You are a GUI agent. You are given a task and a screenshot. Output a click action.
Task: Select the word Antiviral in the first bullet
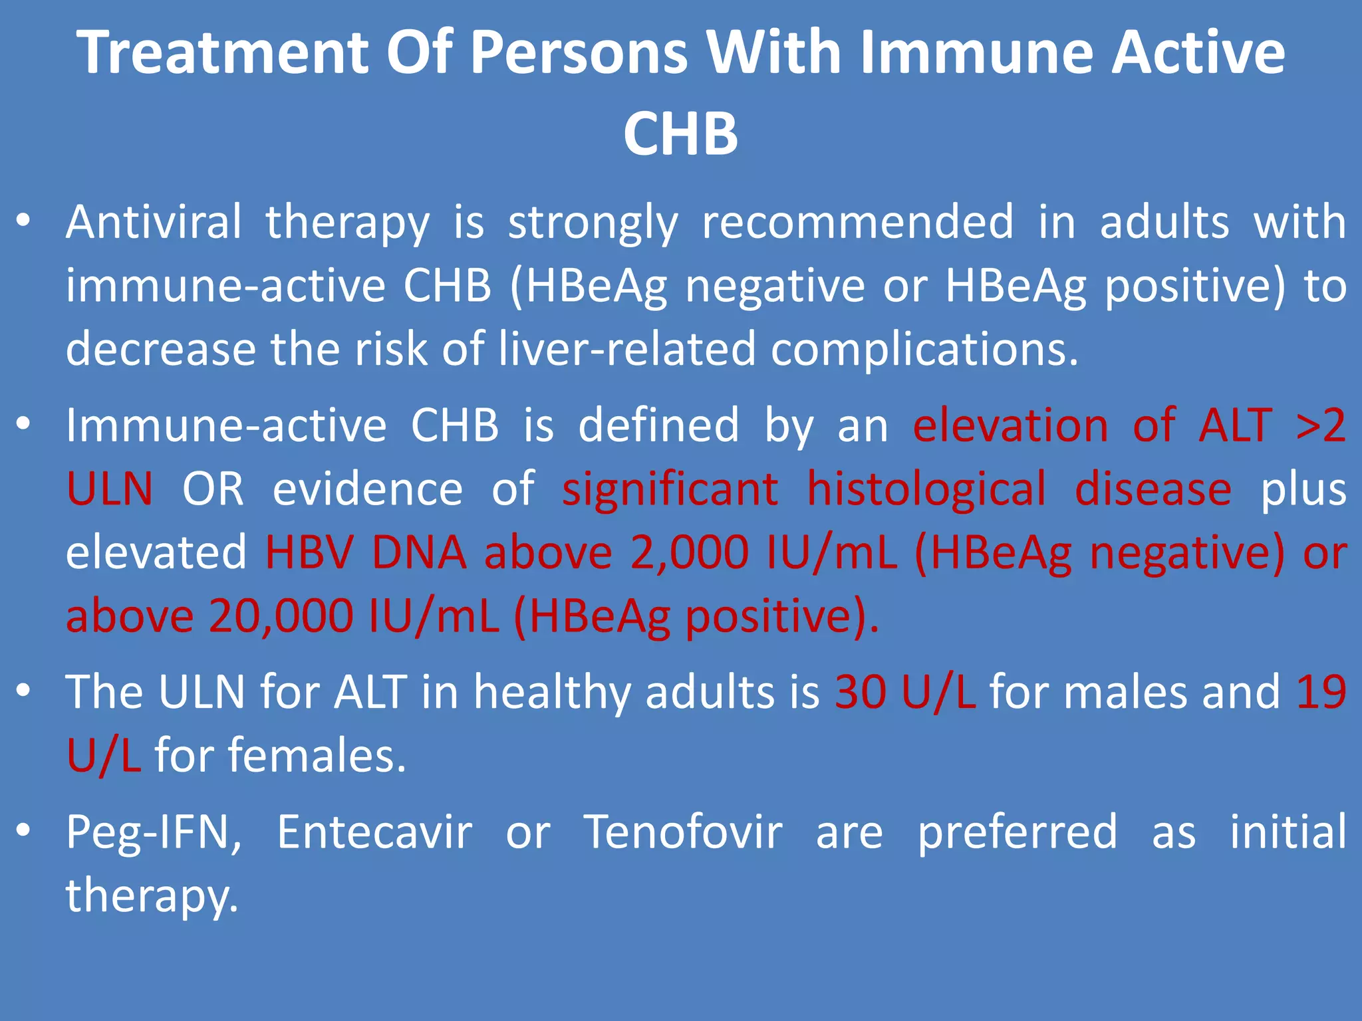tap(154, 222)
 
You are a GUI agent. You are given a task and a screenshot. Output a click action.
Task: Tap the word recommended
tap(858, 222)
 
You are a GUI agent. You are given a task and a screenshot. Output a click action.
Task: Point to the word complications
tap(924, 350)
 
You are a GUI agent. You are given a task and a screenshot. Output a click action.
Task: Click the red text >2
tap(1321, 425)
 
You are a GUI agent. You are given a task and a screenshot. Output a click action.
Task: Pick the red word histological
tap(926, 489)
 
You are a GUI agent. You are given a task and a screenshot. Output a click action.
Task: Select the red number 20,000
tap(281, 616)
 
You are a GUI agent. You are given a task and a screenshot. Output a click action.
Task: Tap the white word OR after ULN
tap(213, 489)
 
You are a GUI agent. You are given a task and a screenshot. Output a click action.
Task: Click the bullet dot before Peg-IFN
tap(23, 830)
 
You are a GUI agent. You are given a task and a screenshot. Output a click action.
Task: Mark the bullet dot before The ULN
tap(23, 691)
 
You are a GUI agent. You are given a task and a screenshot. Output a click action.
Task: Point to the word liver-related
tap(627, 350)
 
